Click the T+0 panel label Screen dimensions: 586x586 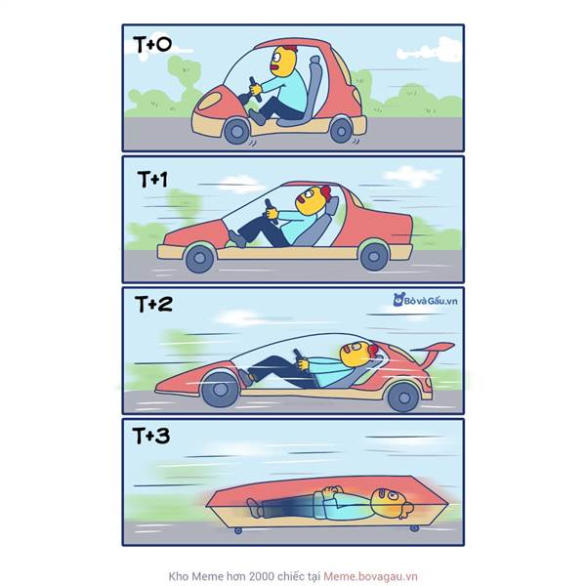(152, 45)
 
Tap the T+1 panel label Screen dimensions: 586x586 (153, 180)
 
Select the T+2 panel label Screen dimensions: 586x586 (153, 304)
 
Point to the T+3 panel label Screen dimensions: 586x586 (151, 436)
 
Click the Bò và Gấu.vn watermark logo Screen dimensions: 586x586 (425, 300)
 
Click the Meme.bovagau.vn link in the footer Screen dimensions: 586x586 (370, 576)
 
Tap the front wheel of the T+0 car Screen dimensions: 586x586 (236, 131)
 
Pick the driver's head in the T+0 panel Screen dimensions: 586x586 (283, 62)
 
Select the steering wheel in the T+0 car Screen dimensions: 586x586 (255, 89)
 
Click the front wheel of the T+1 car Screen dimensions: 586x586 (200, 258)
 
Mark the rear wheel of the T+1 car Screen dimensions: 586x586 (374, 256)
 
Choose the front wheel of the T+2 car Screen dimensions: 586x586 (220, 390)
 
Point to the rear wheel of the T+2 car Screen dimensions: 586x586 (403, 398)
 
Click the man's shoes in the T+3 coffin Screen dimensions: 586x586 (255, 508)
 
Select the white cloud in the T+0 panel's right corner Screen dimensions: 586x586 (429, 51)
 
